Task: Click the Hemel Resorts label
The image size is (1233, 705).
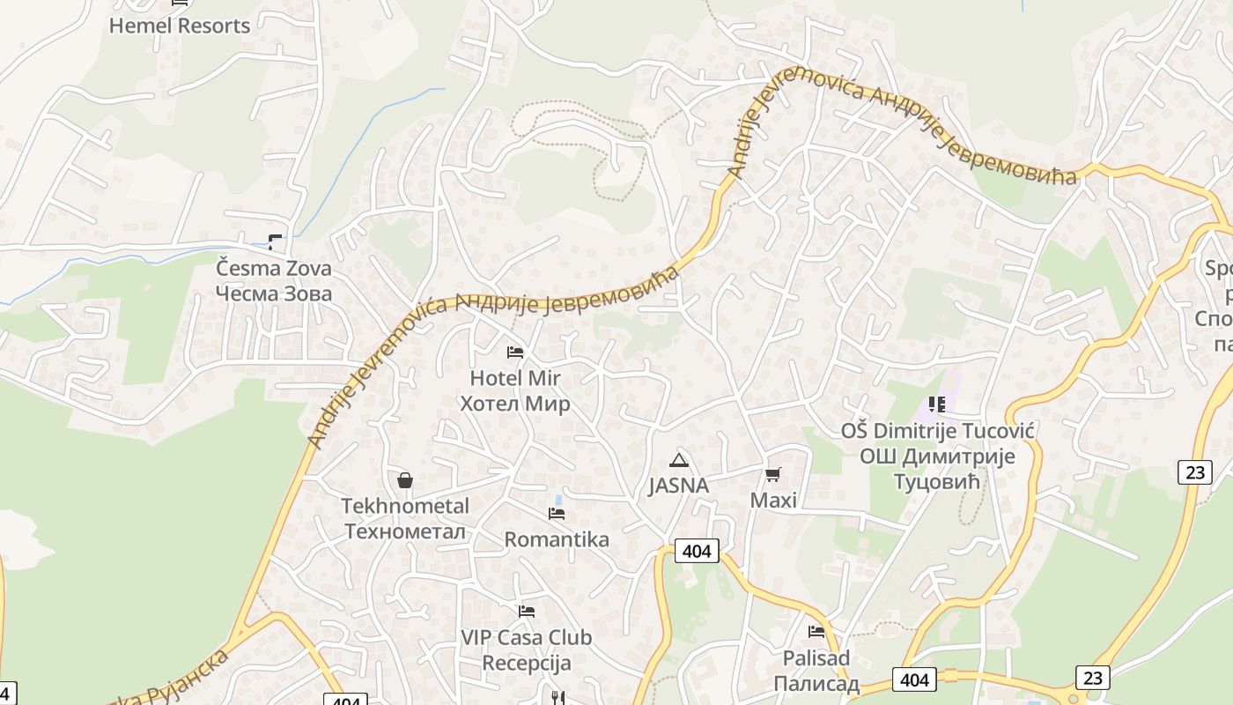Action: coord(180,26)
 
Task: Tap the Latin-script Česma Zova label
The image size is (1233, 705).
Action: coord(274,268)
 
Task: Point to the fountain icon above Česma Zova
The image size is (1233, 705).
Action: coord(275,241)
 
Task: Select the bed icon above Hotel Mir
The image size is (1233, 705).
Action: coord(515,352)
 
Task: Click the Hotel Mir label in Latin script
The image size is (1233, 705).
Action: coord(515,378)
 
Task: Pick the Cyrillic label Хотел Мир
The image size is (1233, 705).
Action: coord(515,404)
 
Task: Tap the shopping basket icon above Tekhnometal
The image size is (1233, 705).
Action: coord(405,480)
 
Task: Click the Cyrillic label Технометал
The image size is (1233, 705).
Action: coord(405,531)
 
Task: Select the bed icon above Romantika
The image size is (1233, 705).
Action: coord(557,514)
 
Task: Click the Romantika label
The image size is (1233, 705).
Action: coord(557,539)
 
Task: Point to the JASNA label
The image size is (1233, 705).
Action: coord(678,486)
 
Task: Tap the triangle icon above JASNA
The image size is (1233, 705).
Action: coord(679,459)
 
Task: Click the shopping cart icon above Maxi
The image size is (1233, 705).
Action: coord(773,475)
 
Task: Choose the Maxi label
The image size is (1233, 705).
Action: coord(773,501)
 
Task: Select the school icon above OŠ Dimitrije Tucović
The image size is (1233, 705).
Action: coord(936,404)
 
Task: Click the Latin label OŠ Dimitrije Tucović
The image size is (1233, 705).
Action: coord(937,431)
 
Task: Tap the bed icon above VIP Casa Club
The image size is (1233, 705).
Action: coord(527,611)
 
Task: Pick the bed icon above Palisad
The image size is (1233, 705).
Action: coord(816,632)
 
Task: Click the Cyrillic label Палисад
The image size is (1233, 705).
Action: coord(816,684)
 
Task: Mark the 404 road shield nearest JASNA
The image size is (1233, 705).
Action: coord(697,552)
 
